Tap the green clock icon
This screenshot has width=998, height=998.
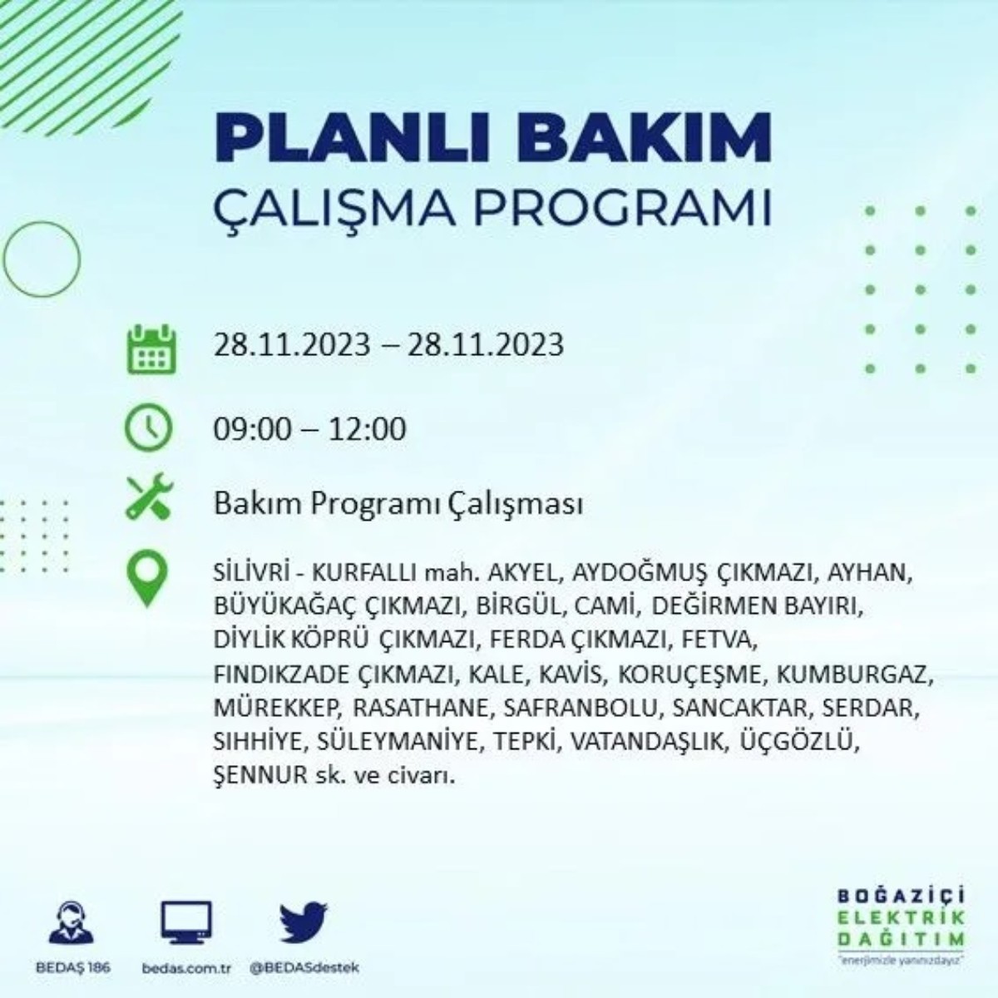pyautogui.click(x=148, y=428)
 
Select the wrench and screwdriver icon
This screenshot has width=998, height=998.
pyautogui.click(x=148, y=497)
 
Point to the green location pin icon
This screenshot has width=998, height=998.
pyautogui.click(x=147, y=579)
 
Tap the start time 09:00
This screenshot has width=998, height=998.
pyautogui.click(x=253, y=429)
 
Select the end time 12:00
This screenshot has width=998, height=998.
pyautogui.click(x=367, y=429)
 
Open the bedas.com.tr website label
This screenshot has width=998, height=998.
pyautogui.click(x=185, y=969)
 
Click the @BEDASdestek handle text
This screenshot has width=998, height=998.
pyautogui.click(x=304, y=969)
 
